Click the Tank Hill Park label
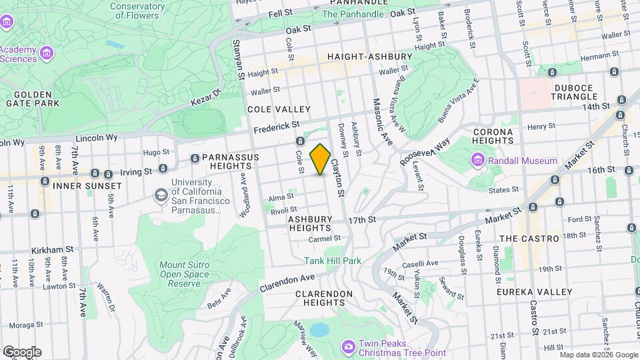[333, 261]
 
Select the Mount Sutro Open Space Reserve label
[184, 274]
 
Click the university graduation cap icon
[161, 195]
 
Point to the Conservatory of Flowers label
[138, 9]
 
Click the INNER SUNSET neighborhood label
[87, 185]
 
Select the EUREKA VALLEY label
[535, 292]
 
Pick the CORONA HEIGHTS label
[493, 137]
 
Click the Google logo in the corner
[22, 351]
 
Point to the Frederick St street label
[276, 125]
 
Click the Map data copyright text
[598, 355]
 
